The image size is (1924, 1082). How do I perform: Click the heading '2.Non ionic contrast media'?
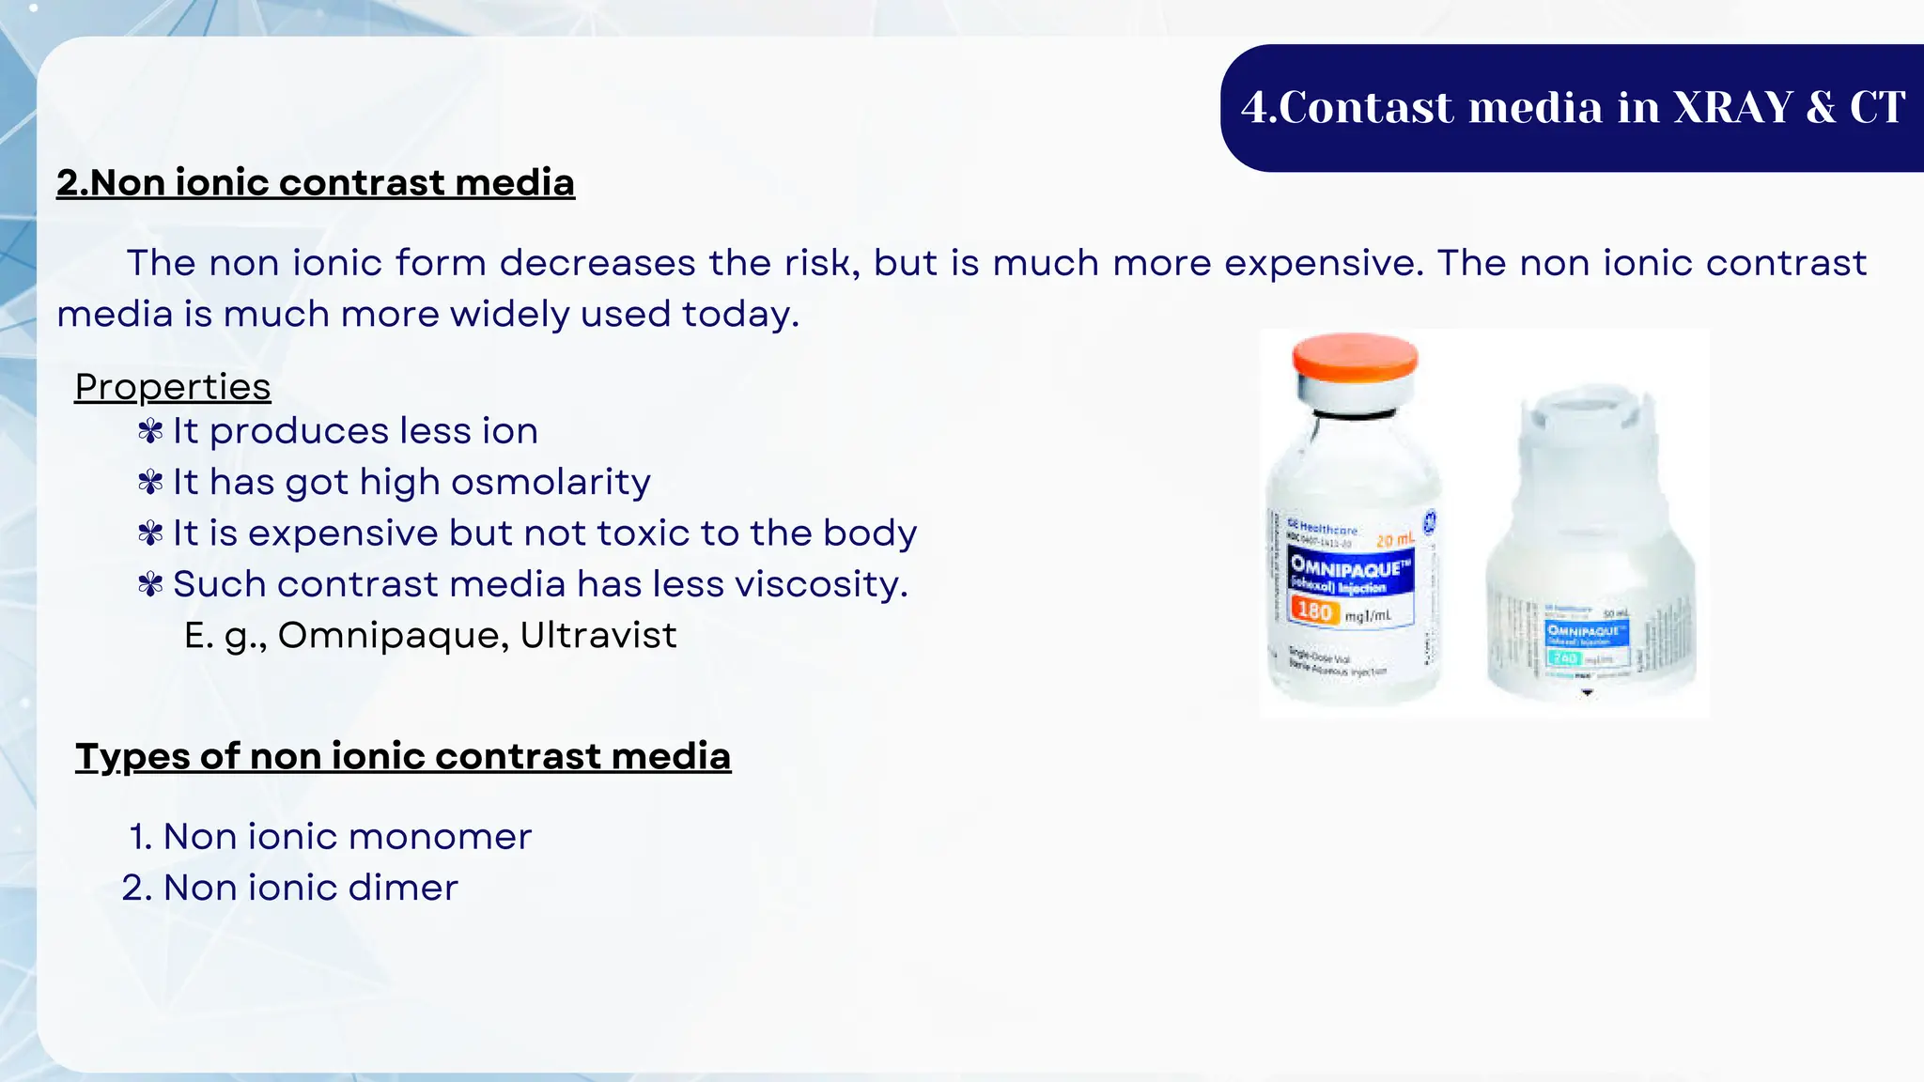pos(315,182)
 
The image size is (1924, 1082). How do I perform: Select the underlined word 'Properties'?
pos(173,387)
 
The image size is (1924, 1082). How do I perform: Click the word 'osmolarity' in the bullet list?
pos(552,482)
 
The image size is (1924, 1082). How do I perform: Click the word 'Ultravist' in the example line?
pos(598,635)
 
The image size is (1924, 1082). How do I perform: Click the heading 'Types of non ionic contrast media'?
pos(403,756)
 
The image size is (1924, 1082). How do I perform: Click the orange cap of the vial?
pos(1355,358)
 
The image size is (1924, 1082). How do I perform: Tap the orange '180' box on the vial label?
pos(1314,611)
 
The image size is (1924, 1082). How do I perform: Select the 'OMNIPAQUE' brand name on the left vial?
pos(1350,566)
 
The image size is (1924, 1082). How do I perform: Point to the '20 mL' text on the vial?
pos(1395,539)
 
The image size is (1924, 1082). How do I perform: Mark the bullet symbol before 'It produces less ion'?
pos(150,431)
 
